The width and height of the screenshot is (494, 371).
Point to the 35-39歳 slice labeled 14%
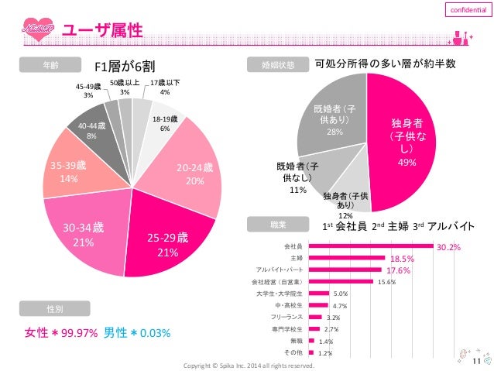tap(66, 170)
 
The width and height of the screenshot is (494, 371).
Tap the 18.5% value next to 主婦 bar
tap(400, 259)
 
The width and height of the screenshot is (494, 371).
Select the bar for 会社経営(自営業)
tap(340, 282)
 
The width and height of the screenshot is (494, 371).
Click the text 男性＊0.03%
tap(137, 333)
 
